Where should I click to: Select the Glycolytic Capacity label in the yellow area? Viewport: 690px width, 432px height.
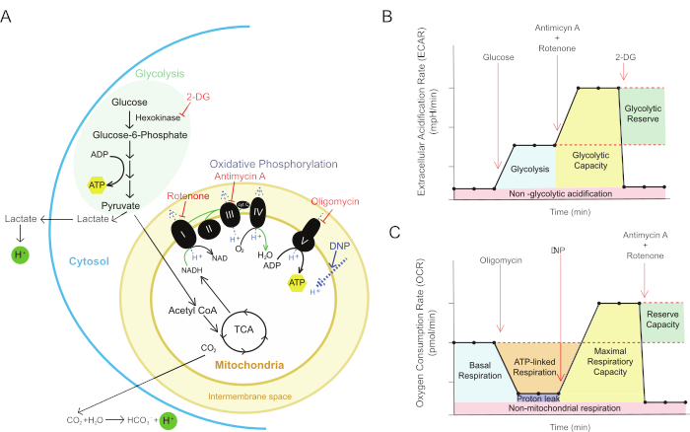(x=586, y=170)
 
